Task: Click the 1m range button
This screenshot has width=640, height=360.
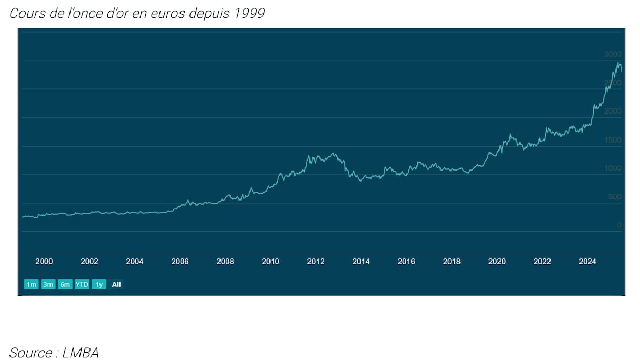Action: point(32,285)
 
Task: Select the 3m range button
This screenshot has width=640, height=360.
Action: point(48,285)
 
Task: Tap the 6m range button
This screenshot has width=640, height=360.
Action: point(65,285)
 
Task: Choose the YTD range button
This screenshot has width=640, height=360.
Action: point(82,285)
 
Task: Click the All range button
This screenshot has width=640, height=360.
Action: point(116,285)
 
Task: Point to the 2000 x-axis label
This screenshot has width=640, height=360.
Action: point(44,262)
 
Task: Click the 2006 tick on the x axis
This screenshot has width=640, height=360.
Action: point(180,262)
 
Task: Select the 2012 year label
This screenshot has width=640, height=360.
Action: point(316,262)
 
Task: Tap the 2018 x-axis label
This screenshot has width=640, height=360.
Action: point(452,262)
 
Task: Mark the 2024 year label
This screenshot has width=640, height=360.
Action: point(587,262)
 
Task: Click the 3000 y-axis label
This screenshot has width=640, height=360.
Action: point(613,55)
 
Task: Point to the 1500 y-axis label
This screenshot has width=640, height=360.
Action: point(613,140)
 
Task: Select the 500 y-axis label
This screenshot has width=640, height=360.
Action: point(615,197)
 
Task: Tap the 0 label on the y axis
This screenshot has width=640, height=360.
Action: point(619,225)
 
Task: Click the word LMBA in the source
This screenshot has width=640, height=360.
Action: point(81,353)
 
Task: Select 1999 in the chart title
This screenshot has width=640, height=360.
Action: point(247,13)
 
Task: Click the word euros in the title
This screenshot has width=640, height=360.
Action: point(162,13)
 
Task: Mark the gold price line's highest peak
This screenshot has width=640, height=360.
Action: point(618,62)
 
